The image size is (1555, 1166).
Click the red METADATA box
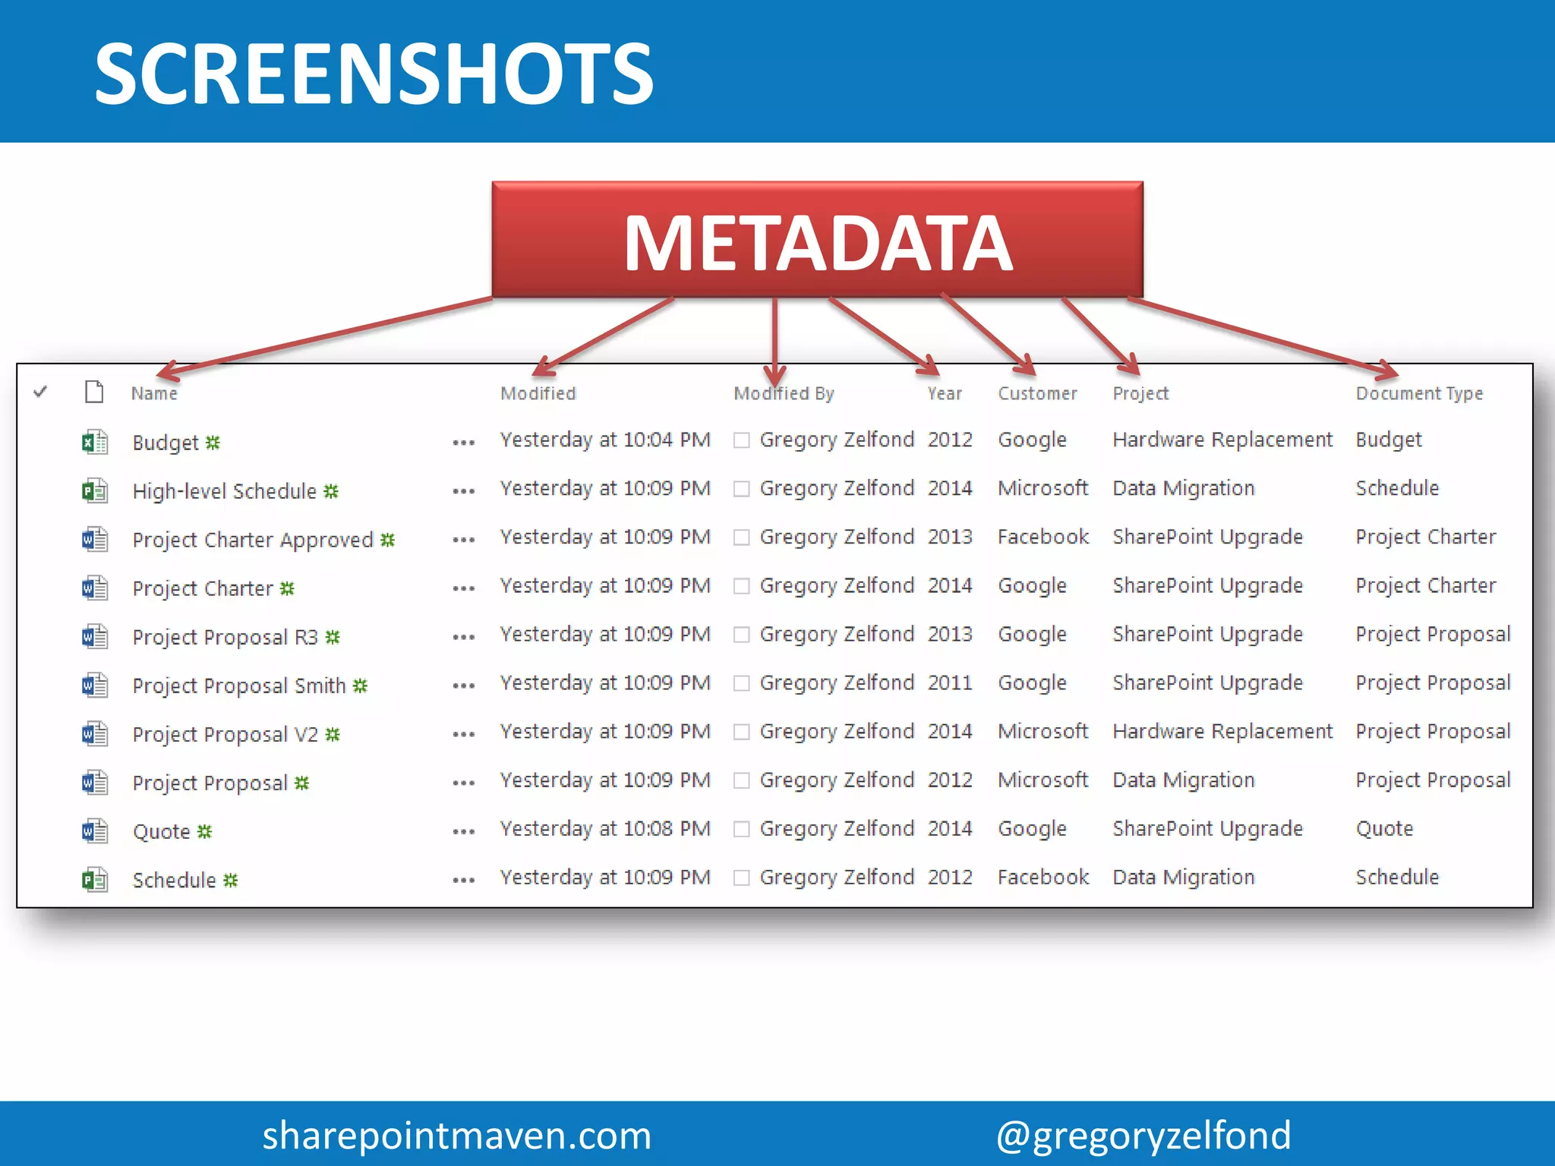point(817,240)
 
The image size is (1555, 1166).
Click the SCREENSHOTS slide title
point(374,74)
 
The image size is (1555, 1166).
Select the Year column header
point(944,393)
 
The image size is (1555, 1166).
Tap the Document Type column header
point(1418,393)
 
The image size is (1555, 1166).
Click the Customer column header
point(1037,393)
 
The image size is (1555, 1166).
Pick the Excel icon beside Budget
point(95,442)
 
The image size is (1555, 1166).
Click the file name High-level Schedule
point(224,491)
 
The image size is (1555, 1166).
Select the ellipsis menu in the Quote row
point(463,831)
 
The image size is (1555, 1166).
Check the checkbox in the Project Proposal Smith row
point(742,683)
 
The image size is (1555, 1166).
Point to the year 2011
point(949,682)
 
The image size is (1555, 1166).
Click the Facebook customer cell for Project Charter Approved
point(1042,537)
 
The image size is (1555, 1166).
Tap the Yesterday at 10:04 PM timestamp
point(605,440)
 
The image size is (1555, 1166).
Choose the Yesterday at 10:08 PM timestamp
point(605,828)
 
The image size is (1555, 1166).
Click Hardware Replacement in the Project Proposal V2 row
point(1222,731)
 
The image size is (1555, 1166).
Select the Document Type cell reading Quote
point(1384,828)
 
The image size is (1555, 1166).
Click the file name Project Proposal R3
point(225,637)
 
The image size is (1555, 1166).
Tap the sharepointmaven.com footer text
point(456,1135)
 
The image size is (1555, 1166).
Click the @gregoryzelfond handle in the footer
point(1143,1135)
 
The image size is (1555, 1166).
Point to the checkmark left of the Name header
point(41,392)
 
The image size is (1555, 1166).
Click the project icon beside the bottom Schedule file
point(95,880)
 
